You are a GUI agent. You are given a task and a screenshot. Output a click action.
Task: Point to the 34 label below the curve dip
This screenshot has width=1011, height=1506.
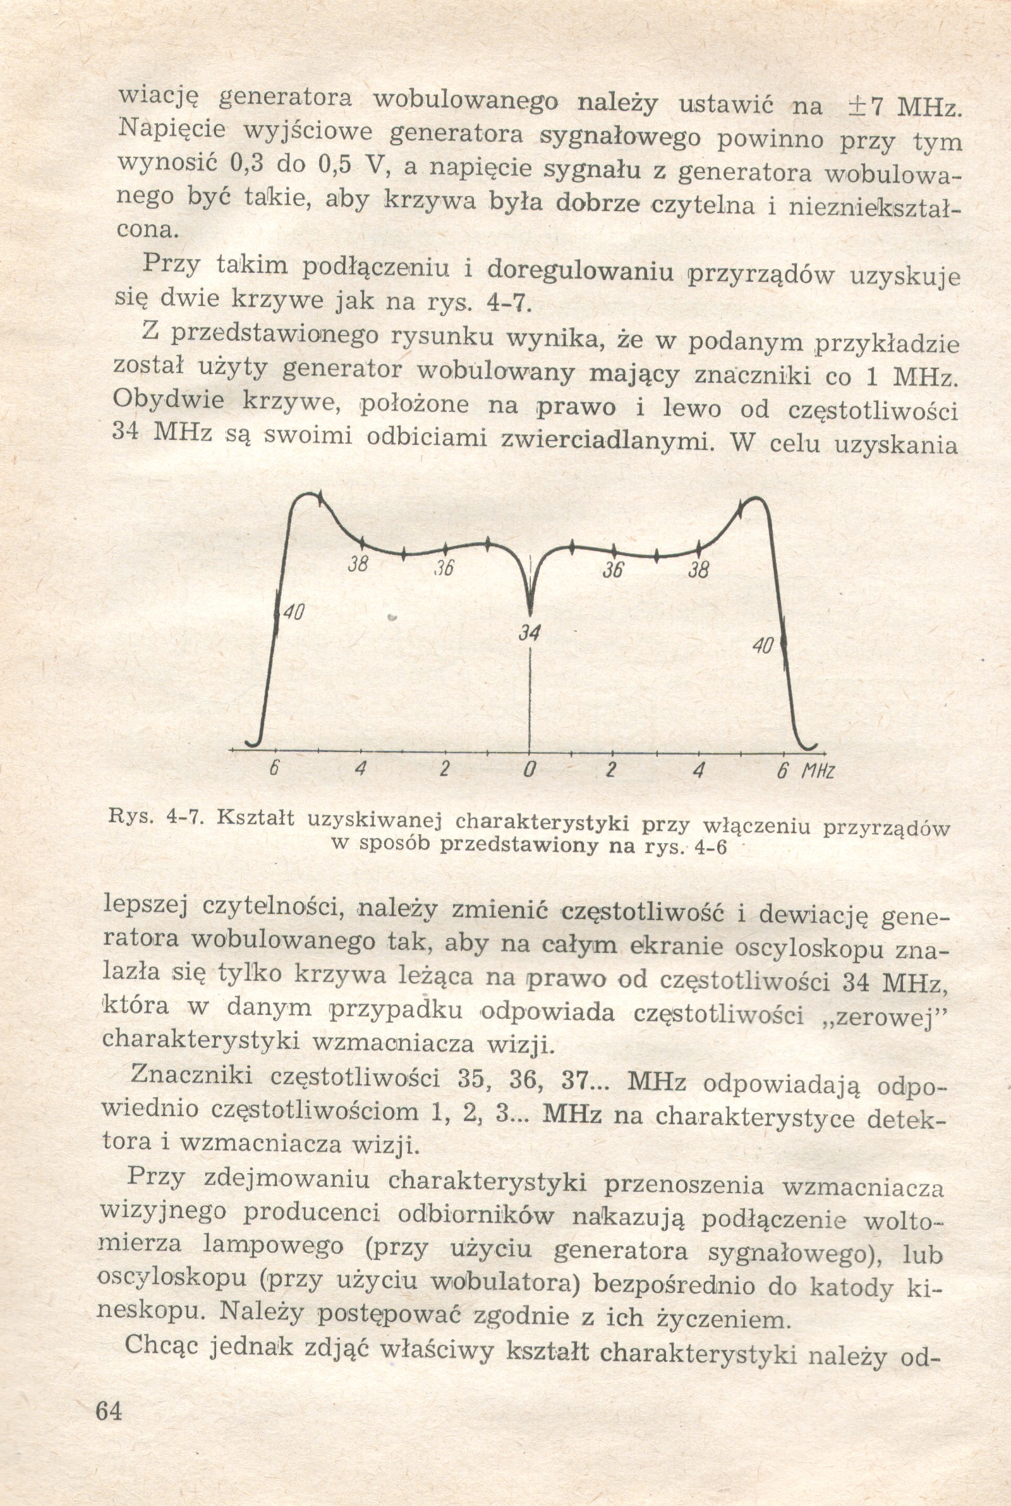point(530,633)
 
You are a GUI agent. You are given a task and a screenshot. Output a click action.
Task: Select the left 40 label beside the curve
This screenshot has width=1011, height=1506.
point(294,612)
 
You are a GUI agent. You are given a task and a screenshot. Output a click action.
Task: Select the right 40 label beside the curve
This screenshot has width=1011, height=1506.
point(763,645)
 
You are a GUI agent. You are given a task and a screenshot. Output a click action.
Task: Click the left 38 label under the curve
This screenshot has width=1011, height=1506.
point(358,566)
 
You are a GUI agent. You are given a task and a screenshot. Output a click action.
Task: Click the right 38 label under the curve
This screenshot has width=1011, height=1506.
point(698,570)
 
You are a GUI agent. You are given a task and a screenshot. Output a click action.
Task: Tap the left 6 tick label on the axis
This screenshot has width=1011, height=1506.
point(275,769)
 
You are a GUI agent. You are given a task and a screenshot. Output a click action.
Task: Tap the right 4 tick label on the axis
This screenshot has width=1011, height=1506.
point(697,770)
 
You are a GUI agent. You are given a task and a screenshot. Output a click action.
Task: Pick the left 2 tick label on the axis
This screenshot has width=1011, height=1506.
point(444,769)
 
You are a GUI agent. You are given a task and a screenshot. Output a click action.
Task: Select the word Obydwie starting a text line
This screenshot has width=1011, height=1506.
point(169,399)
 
